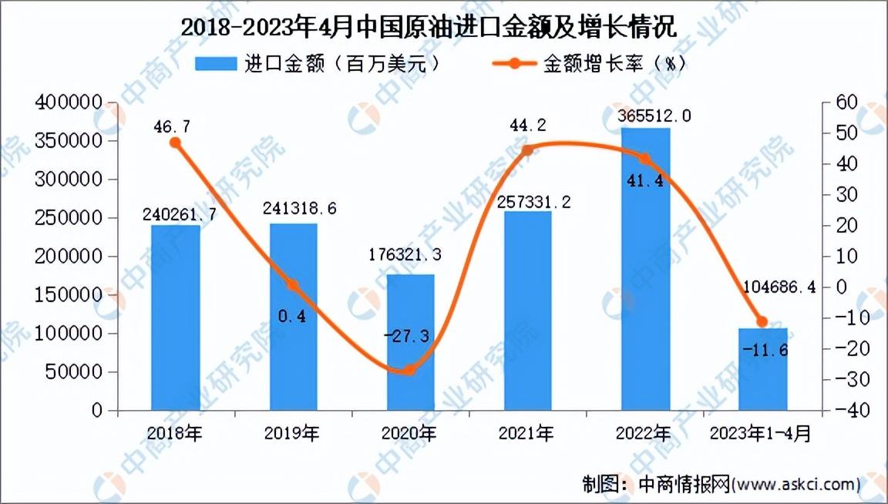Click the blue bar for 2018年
pyautogui.click(x=176, y=318)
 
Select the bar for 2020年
pyautogui.click(x=411, y=343)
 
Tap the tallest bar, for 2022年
pyautogui.click(x=646, y=270)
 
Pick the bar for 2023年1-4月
pyautogui.click(x=763, y=369)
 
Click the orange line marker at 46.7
pyautogui.click(x=176, y=143)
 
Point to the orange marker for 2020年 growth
pyautogui.click(x=411, y=371)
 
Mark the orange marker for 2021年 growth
pyautogui.click(x=527, y=150)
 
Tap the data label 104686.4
pyautogui.click(x=779, y=287)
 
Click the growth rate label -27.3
pyautogui.click(x=407, y=337)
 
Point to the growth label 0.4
pyautogui.click(x=291, y=316)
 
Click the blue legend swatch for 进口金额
pyautogui.click(x=216, y=63)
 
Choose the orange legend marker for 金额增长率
pyautogui.click(x=514, y=63)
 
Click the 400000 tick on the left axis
pyautogui.click(x=69, y=102)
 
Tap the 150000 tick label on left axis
pyautogui.click(x=69, y=294)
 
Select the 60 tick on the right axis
pyautogui.click(x=847, y=102)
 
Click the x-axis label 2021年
pyautogui.click(x=526, y=434)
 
